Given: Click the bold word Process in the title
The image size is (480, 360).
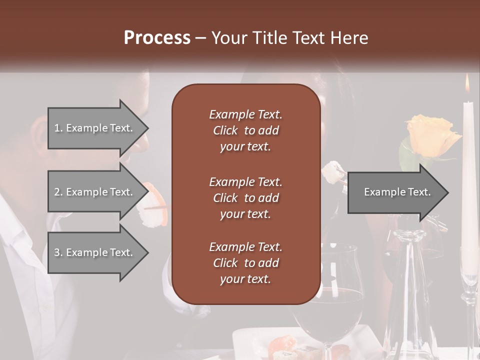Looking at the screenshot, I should click(157, 38).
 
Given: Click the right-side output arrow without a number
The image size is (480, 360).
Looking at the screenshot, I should click(397, 192).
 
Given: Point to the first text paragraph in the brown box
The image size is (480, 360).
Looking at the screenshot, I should click(245, 130).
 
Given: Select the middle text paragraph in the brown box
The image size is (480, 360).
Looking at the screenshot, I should click(245, 198).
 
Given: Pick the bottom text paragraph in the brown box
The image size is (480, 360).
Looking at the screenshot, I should click(245, 263).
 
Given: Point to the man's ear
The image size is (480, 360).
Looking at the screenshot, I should click(39, 134).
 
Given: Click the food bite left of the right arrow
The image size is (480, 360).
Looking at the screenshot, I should click(332, 172).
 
